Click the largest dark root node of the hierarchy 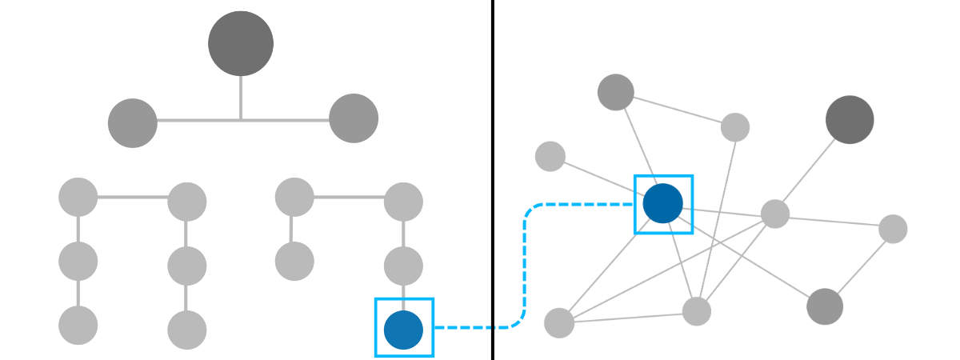coord(240,43)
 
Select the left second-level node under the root coord(133,122)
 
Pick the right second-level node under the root coord(353,118)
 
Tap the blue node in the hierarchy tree coord(403,330)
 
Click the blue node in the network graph coord(662,203)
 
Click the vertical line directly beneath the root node coord(240,98)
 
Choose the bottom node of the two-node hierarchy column coord(294,261)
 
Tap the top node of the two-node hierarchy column coord(294,197)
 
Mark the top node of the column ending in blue coord(403,202)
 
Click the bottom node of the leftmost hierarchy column coord(78,326)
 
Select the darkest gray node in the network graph coord(850,119)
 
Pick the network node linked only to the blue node coord(550,156)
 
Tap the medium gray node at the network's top coord(615,92)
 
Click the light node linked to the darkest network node coord(774,214)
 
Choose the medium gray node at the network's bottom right coord(825,307)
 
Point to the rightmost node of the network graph coord(893,229)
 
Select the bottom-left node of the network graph coord(559,322)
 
